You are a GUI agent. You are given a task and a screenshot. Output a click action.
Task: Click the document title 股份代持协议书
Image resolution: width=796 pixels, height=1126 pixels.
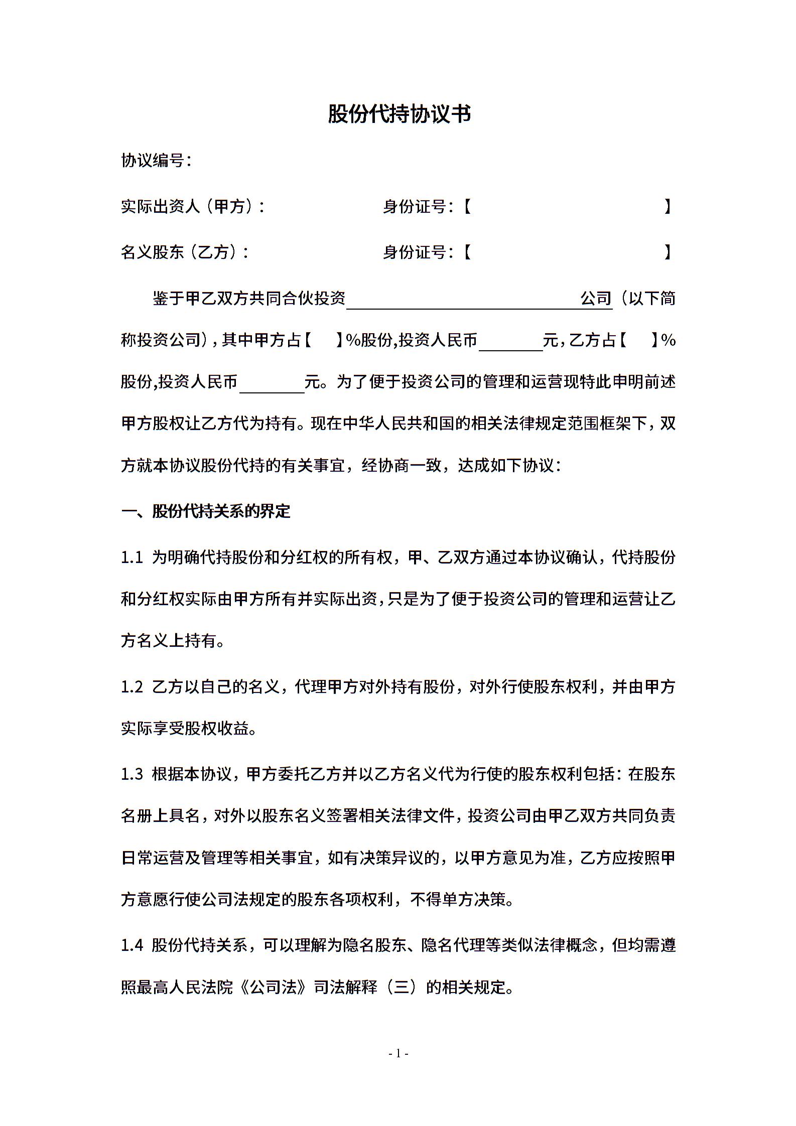click(399, 114)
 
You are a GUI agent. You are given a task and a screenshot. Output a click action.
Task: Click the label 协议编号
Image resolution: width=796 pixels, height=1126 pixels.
click(156, 161)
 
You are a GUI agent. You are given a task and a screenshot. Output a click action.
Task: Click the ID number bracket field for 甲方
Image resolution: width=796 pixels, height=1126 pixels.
click(567, 206)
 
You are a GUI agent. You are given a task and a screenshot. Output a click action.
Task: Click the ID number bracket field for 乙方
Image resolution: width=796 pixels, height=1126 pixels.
click(567, 252)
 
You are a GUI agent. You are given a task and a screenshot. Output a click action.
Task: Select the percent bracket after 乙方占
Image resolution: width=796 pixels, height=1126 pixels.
click(638, 341)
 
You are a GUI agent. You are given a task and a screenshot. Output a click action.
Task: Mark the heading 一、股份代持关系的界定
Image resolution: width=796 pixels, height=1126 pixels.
click(206, 511)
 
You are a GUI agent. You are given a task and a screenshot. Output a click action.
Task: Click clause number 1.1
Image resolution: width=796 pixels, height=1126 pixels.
click(132, 557)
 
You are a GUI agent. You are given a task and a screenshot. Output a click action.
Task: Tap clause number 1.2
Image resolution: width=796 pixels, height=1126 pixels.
click(132, 687)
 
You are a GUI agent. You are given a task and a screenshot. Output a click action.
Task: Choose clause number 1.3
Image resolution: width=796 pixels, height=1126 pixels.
click(132, 774)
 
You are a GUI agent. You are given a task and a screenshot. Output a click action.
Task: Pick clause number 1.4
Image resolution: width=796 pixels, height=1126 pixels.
click(132, 946)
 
